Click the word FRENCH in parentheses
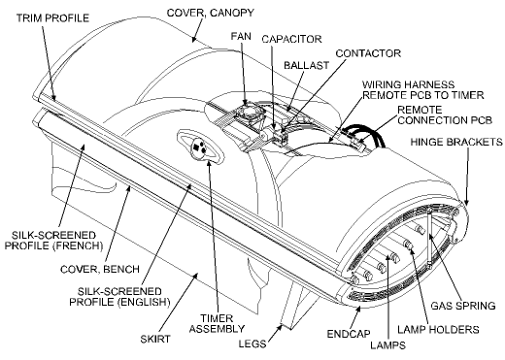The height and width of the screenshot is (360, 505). [x=48, y=247]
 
